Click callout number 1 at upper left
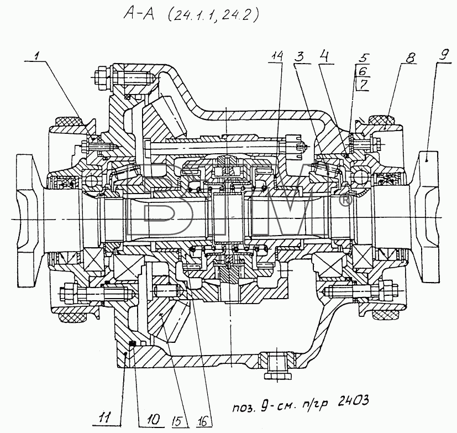click(37, 56)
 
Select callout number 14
click(277, 56)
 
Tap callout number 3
click(299, 57)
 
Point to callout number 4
click(324, 56)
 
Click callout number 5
click(364, 58)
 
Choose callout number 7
click(364, 85)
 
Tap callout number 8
click(410, 58)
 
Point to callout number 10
click(153, 419)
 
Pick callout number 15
click(178, 420)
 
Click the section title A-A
click(139, 14)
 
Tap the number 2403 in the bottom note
click(353, 401)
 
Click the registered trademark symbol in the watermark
click(345, 201)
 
